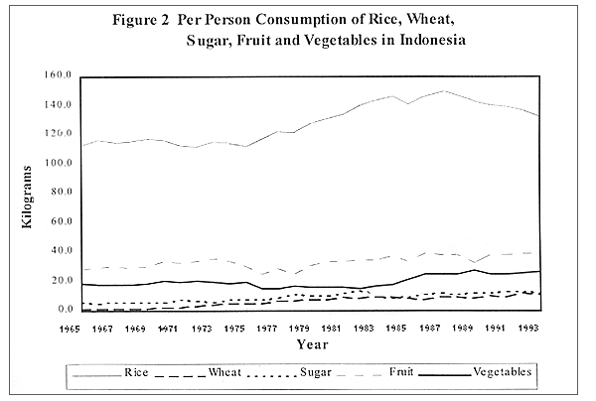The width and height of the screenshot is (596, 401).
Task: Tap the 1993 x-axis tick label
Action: (x=529, y=327)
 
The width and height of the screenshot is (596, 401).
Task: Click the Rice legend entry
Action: (x=136, y=373)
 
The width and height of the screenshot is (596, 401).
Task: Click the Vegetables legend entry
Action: (x=503, y=373)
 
